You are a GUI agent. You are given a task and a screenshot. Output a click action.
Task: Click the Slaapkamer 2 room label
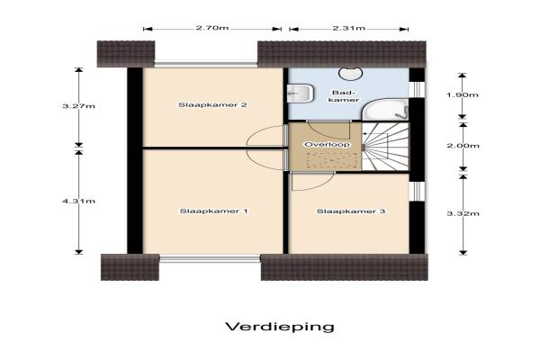[212, 104]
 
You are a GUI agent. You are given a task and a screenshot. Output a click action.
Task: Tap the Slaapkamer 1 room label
[213, 211]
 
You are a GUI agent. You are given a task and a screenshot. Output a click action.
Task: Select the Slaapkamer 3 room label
[351, 211]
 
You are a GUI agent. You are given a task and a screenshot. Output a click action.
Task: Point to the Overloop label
[327, 145]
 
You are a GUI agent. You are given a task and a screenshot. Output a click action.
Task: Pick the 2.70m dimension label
[212, 28]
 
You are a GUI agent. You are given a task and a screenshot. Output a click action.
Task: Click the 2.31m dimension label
[349, 28]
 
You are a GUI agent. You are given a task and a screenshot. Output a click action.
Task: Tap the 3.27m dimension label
[78, 106]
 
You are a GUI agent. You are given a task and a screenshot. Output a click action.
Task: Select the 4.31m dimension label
[78, 202]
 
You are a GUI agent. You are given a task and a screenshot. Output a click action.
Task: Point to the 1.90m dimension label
[463, 94]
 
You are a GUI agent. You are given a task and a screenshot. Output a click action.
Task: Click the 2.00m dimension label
[463, 146]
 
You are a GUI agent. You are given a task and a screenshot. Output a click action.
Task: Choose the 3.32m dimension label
[463, 213]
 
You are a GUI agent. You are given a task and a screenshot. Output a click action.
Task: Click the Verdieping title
[280, 326]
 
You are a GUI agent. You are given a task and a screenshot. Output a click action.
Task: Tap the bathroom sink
[301, 94]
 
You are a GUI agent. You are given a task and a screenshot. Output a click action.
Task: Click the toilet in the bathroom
[350, 73]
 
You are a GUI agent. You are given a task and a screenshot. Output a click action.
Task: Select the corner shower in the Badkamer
[385, 110]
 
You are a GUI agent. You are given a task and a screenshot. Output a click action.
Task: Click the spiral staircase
[385, 147]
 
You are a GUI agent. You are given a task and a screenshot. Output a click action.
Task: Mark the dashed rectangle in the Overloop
[331, 160]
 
